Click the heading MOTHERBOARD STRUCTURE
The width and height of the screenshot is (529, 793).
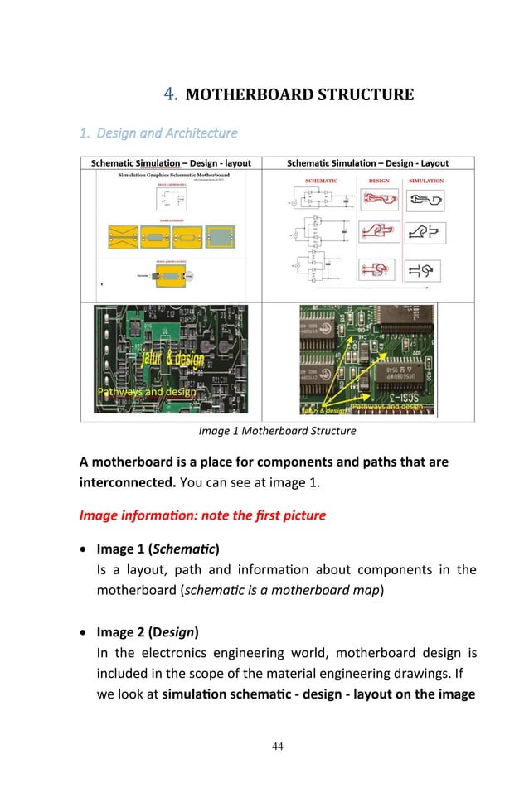tap(299, 94)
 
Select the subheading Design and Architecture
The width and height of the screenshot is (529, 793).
tap(167, 133)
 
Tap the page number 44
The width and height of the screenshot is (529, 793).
tap(277, 747)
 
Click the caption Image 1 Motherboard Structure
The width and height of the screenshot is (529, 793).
tap(277, 431)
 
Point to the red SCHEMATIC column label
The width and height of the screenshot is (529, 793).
tap(321, 181)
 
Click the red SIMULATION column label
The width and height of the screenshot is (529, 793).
tap(425, 181)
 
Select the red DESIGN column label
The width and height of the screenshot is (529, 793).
tap(379, 181)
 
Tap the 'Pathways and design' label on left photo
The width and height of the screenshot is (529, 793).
tap(146, 391)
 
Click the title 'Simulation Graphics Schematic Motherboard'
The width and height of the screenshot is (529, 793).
tap(173, 176)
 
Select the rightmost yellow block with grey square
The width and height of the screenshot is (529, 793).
tap(221, 238)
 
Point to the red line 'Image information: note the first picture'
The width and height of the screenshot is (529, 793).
tap(202, 515)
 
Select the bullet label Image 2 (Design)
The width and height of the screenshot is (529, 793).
tap(148, 632)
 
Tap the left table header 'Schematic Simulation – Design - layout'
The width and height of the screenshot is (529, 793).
tap(171, 163)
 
